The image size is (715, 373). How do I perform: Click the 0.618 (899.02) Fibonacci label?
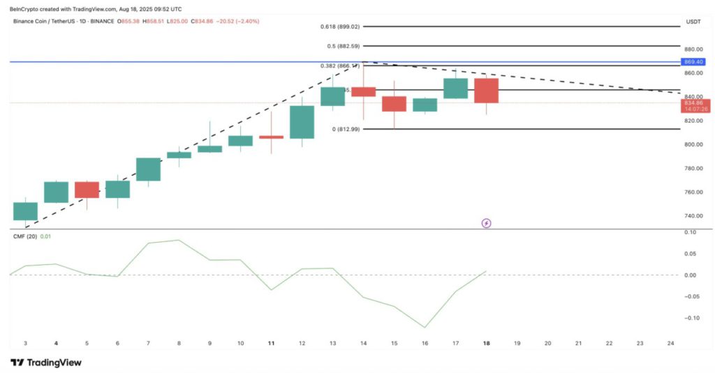tap(341, 26)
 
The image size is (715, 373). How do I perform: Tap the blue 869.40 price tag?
tap(693, 62)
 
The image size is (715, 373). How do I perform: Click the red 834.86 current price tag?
tap(693, 102)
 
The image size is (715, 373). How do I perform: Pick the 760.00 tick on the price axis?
tap(693, 192)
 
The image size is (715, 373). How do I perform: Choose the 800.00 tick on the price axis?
tap(693, 144)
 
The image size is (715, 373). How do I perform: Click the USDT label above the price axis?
tap(693, 22)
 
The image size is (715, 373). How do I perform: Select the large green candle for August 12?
tap(302, 122)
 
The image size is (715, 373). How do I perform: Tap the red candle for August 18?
tap(486, 91)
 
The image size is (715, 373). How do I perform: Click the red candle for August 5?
tap(87, 190)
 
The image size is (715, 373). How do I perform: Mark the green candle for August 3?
tap(25, 211)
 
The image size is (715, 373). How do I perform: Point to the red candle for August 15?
tap(394, 104)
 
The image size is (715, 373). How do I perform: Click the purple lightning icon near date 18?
tap(487, 223)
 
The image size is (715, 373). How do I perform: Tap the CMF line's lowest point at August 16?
tap(425, 327)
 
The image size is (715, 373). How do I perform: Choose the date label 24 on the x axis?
tap(670, 344)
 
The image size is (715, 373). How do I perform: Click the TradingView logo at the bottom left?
tap(46, 363)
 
